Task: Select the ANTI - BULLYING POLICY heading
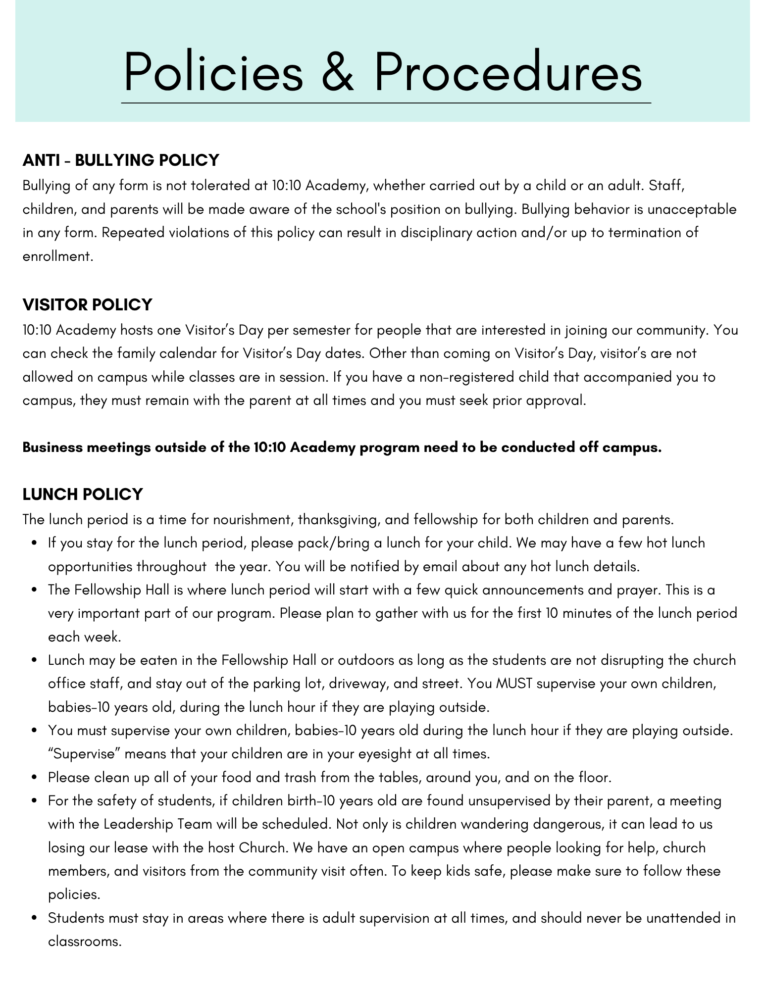[x=121, y=160]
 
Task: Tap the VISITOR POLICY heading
[x=88, y=304]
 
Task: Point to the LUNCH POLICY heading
[x=83, y=494]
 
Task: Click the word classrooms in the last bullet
[x=84, y=941]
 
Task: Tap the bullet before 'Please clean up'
[x=34, y=778]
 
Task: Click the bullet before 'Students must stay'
[x=34, y=919]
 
